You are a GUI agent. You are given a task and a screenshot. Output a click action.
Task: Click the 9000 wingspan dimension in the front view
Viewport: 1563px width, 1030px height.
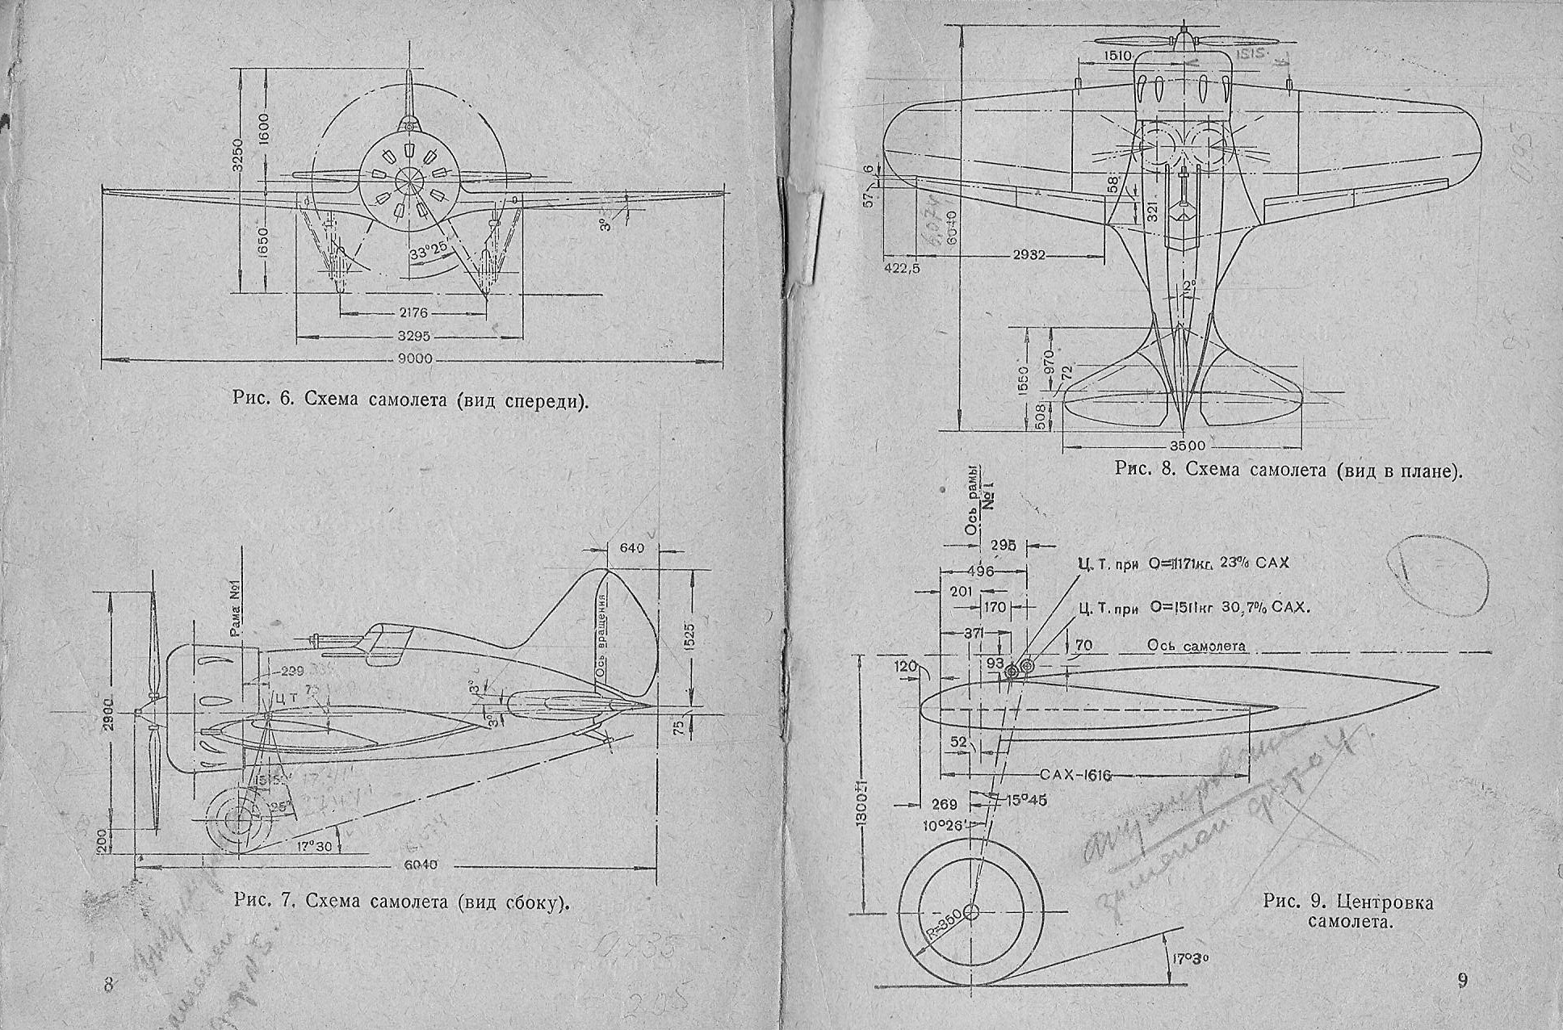click(414, 360)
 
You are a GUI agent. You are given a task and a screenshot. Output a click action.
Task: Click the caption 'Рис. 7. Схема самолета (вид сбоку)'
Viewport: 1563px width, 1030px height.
click(401, 902)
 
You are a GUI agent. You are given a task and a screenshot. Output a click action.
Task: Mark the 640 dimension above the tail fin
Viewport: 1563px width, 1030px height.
click(631, 548)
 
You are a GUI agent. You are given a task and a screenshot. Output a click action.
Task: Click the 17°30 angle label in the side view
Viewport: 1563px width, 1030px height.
click(315, 845)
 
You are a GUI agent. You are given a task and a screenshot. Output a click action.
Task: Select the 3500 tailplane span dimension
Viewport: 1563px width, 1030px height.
click(1187, 446)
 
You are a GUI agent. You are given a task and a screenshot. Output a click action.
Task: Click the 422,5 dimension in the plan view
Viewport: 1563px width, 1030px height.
click(901, 267)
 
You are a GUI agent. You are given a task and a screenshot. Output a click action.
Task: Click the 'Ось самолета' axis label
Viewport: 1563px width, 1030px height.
click(1196, 647)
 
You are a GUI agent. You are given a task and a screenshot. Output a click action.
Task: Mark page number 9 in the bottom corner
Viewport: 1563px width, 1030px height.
click(1463, 981)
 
